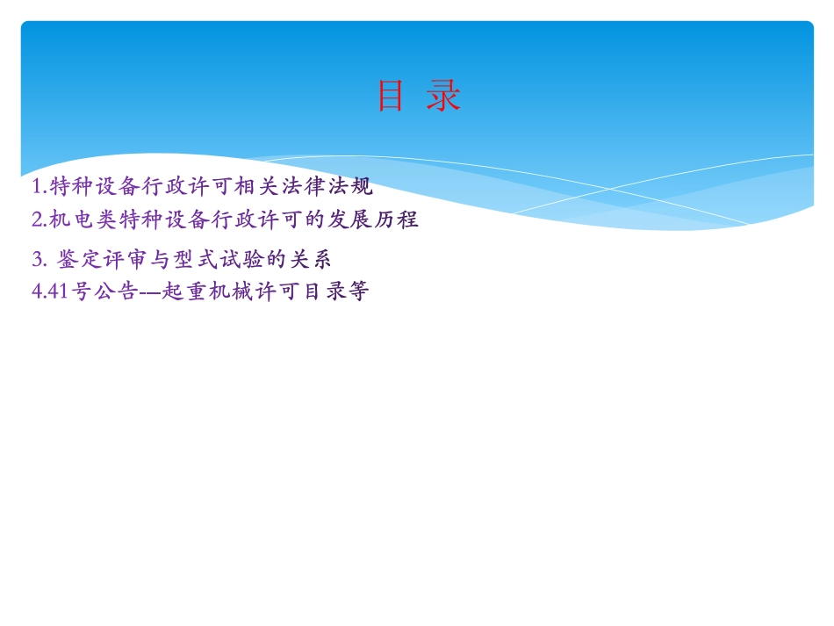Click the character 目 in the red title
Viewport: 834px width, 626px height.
[x=390, y=97]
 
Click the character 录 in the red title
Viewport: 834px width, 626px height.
[x=444, y=97]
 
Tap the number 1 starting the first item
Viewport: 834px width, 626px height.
[x=36, y=186]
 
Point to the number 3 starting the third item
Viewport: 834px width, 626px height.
[x=37, y=260]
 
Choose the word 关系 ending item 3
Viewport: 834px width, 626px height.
[x=312, y=260]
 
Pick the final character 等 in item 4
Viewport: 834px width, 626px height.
[x=357, y=291]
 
